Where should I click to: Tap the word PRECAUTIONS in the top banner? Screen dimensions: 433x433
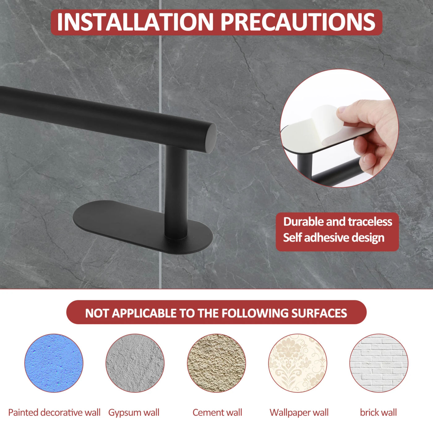point(298,22)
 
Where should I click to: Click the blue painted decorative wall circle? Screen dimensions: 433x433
point(54,363)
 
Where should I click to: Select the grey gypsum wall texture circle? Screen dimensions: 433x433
point(135,363)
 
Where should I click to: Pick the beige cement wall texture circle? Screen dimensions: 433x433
point(216,363)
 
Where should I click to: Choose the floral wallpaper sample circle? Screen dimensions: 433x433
point(298,363)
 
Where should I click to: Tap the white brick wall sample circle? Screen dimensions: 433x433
point(379,363)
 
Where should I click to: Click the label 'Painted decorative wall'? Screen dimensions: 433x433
point(54,413)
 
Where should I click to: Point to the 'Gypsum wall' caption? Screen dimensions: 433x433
point(134,413)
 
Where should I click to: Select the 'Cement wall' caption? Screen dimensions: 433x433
point(217,413)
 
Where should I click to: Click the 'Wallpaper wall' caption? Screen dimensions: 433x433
point(299,413)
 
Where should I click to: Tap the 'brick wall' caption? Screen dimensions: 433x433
point(378,413)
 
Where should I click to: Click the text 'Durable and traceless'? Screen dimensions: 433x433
point(338,222)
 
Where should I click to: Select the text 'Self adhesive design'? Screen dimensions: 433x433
point(334,238)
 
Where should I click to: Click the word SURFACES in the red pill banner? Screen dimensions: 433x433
point(319,313)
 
